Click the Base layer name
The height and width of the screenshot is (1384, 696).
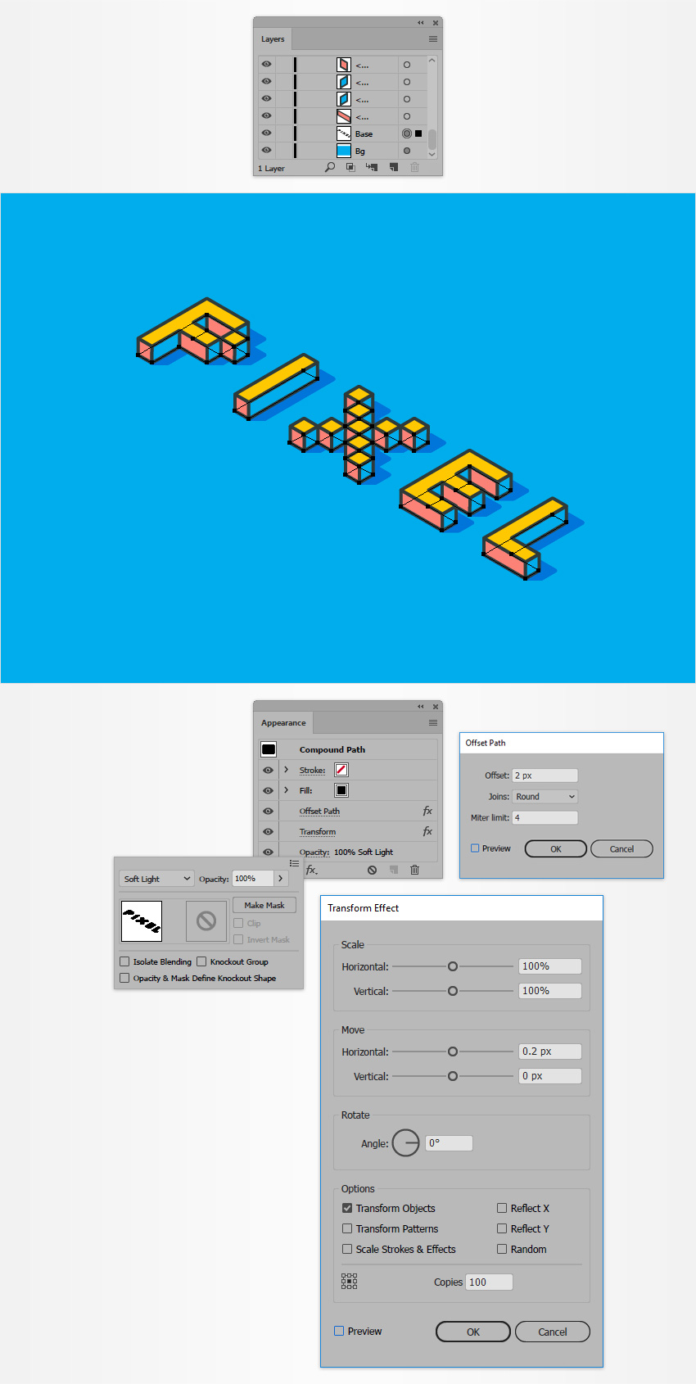[x=364, y=134]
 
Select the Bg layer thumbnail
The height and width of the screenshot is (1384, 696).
[x=344, y=151]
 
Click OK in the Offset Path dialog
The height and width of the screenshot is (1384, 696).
[x=556, y=849]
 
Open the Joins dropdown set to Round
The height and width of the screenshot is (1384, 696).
[x=545, y=797]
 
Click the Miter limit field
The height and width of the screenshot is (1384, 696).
[x=545, y=817]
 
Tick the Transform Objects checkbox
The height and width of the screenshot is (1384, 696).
[x=347, y=1208]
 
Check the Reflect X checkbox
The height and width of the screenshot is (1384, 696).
[x=502, y=1208]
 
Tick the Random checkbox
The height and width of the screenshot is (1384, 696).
[x=502, y=1249]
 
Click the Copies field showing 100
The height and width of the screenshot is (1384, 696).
[x=489, y=1282]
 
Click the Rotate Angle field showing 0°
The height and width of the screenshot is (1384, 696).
[x=449, y=1143]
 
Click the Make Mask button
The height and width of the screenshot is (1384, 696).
[x=264, y=905]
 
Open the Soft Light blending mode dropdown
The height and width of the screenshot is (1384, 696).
[x=156, y=879]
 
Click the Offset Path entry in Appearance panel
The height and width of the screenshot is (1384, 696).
[x=319, y=812]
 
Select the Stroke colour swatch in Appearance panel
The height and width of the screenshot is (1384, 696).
[x=341, y=770]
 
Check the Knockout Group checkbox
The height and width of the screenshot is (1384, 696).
[x=201, y=961]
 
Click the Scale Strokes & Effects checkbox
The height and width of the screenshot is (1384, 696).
[x=347, y=1249]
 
